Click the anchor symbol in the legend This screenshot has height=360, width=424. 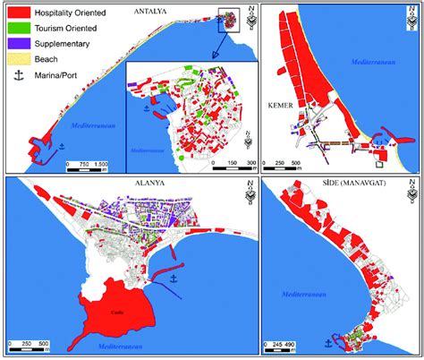coord(17,74)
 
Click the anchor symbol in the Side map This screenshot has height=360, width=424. coord(326,341)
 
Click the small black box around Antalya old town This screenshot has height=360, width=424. coord(230,21)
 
